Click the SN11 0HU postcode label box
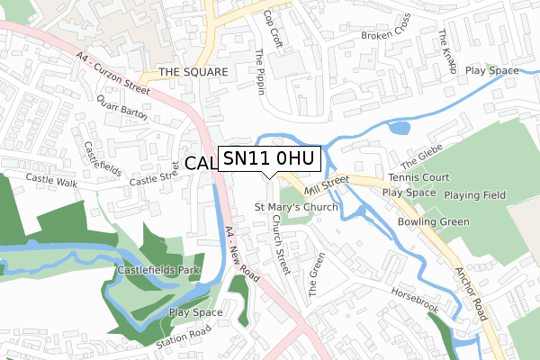(268, 158)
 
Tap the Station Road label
(185, 343)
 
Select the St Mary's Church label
(296, 207)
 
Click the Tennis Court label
(418, 178)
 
